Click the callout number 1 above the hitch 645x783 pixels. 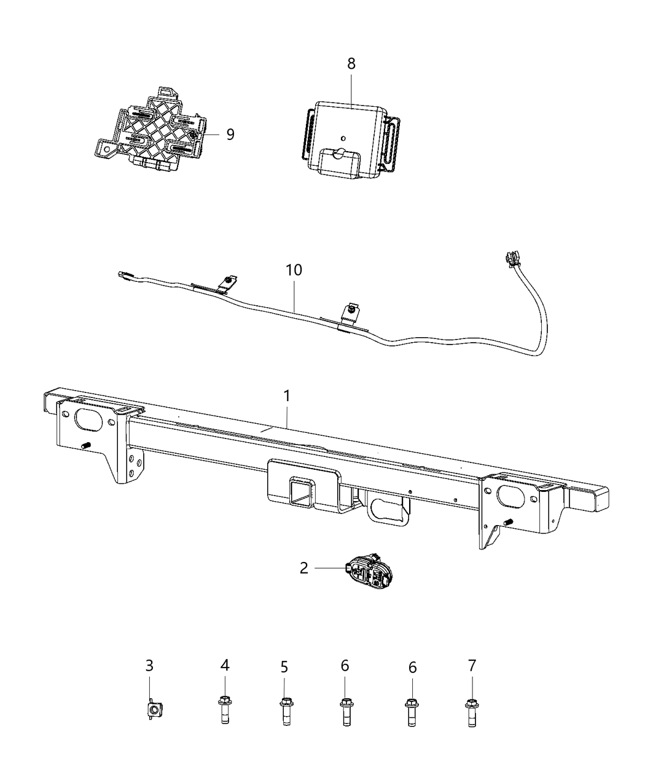pyautogui.click(x=287, y=397)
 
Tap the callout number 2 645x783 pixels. pyautogui.click(x=303, y=568)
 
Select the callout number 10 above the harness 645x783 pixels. pyautogui.click(x=294, y=270)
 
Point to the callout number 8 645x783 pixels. pyautogui.click(x=351, y=64)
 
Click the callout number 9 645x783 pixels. pyautogui.click(x=230, y=134)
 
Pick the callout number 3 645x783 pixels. pyautogui.click(x=149, y=665)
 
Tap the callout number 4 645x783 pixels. pyautogui.click(x=225, y=664)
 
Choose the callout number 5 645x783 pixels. pyautogui.click(x=284, y=666)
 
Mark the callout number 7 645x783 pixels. pyautogui.click(x=471, y=665)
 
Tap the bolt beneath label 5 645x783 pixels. pyautogui.click(x=284, y=712)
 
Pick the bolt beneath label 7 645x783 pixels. pyautogui.click(x=471, y=712)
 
